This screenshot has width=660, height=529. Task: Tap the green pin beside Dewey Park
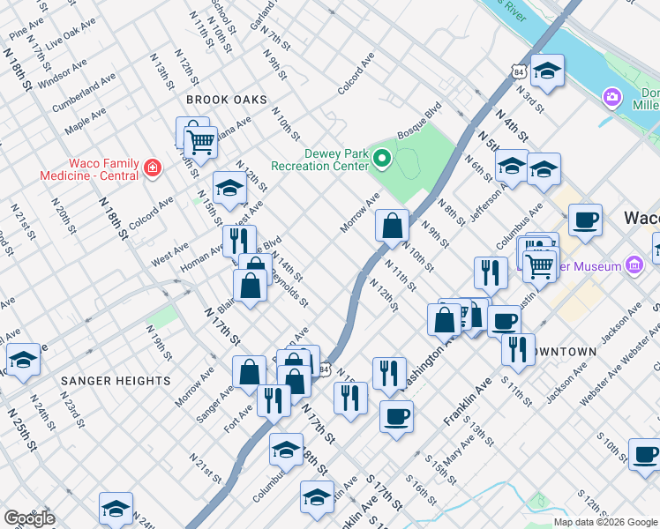(381, 160)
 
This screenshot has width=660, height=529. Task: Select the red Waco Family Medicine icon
(152, 166)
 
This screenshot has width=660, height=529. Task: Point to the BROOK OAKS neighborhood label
(226, 101)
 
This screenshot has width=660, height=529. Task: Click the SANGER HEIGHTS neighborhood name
(116, 381)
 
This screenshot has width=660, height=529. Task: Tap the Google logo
(29, 518)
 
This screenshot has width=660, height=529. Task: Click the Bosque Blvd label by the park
(419, 122)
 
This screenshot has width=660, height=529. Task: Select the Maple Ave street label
(86, 121)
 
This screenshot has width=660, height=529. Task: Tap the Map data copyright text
(604, 522)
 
